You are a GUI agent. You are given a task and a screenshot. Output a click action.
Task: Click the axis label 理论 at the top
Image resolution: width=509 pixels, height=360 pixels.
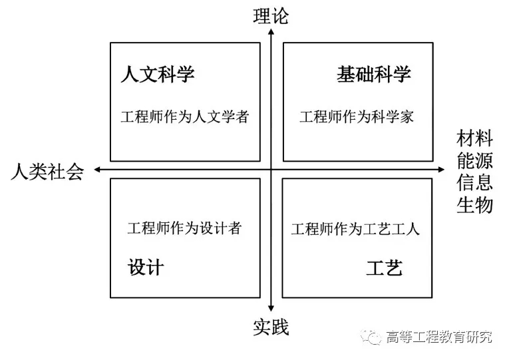click(x=271, y=16)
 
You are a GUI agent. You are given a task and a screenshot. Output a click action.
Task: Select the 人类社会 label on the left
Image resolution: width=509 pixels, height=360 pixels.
click(x=47, y=172)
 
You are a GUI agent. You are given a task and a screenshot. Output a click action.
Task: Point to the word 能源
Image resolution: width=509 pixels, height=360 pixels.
click(x=474, y=160)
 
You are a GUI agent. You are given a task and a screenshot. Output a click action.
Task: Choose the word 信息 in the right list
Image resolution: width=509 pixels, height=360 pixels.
click(x=474, y=182)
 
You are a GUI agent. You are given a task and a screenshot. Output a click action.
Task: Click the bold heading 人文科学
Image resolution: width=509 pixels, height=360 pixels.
click(x=158, y=74)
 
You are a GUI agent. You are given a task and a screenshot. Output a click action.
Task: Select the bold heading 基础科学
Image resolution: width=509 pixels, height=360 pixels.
click(x=373, y=74)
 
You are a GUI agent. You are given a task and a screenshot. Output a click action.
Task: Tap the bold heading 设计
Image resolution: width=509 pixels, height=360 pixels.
click(x=146, y=268)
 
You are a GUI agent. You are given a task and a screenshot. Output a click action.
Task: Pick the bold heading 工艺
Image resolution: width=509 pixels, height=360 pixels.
click(x=385, y=268)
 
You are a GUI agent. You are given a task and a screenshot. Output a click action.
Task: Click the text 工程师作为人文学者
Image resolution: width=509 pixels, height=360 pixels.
click(x=185, y=117)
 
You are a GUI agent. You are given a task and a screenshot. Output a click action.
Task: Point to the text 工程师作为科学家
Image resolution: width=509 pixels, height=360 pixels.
click(x=357, y=117)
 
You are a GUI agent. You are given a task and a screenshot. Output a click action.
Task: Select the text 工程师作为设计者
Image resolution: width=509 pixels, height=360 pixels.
click(x=184, y=228)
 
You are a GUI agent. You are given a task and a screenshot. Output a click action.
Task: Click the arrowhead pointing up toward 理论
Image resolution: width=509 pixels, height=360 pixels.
click(x=271, y=33)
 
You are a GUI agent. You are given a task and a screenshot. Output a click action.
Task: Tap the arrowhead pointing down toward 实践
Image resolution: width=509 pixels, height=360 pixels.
click(x=271, y=307)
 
